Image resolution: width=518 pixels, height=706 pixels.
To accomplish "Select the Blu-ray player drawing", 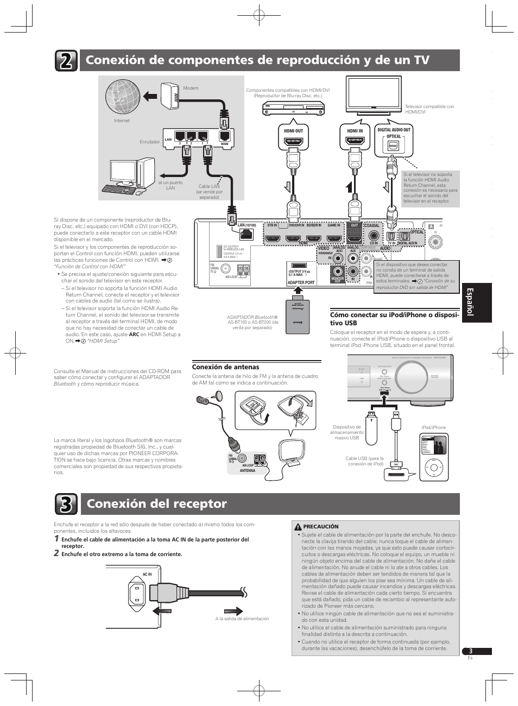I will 294,108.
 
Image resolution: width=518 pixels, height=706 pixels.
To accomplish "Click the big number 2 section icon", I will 66,61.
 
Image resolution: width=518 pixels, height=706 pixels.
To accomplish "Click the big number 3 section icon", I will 66,505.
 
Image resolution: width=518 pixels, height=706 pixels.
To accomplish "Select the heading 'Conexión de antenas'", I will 225,367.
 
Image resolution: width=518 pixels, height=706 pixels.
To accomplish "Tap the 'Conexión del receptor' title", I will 157,504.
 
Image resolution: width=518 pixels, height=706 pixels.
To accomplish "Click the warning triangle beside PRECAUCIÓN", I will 298,527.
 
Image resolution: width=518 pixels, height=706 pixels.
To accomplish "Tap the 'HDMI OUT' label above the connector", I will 293,131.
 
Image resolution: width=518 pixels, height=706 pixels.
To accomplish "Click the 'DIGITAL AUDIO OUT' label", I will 394,130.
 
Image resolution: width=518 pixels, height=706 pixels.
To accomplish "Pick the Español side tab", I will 476,302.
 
